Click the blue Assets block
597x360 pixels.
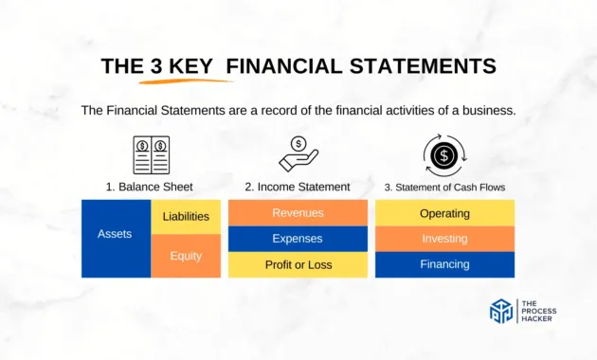point(116,238)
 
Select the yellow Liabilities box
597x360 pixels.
point(186,217)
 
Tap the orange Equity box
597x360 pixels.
point(186,256)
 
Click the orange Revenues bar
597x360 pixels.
point(298,213)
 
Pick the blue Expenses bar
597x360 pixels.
point(298,239)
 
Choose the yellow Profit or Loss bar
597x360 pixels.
point(298,264)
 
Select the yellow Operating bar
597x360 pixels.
point(444,213)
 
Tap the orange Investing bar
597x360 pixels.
point(444,239)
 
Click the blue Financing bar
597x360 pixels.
point(444,264)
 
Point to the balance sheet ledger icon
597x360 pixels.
point(151,154)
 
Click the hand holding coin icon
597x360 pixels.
point(298,153)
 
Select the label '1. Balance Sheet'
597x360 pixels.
point(151,187)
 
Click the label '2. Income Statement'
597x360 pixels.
point(298,187)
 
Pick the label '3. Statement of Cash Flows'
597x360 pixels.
point(444,187)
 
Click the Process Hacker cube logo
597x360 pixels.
point(501,312)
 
